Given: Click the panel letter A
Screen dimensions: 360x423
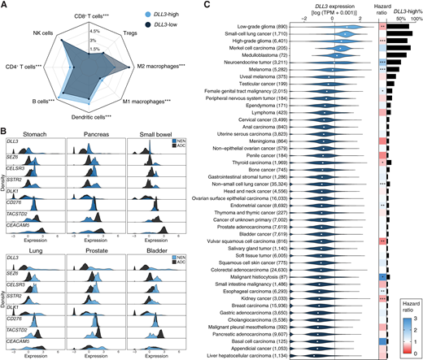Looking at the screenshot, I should pyautogui.click(x=5, y=5).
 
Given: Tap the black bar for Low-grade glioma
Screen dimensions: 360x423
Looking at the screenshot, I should pyautogui.click(x=399, y=27).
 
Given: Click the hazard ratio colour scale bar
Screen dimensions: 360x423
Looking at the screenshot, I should pyautogui.click(x=401, y=320).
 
